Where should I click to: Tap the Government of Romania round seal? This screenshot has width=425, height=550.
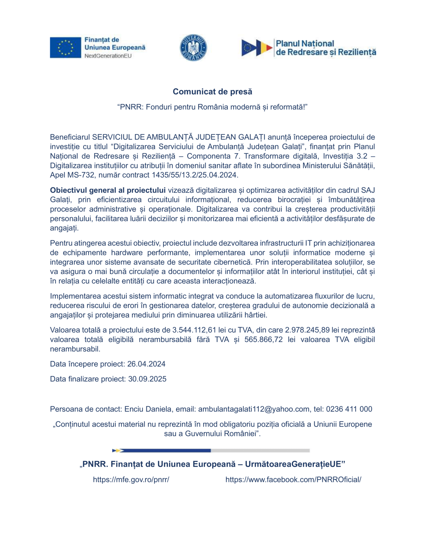193,48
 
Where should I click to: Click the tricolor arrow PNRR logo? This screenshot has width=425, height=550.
256,48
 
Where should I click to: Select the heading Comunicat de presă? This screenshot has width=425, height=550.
212,92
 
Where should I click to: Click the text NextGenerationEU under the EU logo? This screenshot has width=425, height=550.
108,56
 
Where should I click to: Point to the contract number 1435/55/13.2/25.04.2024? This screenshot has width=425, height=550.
195,175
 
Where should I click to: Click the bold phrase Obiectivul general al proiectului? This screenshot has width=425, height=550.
108,190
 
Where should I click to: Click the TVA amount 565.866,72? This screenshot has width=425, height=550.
263,339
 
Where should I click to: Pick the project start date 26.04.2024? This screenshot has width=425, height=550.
146,364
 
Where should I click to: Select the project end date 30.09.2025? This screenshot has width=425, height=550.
147,379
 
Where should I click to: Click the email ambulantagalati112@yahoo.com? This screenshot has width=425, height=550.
254,409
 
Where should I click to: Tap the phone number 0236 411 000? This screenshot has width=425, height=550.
349,409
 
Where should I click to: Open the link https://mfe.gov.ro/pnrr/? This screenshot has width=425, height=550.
131,479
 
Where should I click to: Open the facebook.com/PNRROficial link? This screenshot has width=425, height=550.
293,479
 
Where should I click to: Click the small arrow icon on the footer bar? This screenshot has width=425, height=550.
118,451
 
